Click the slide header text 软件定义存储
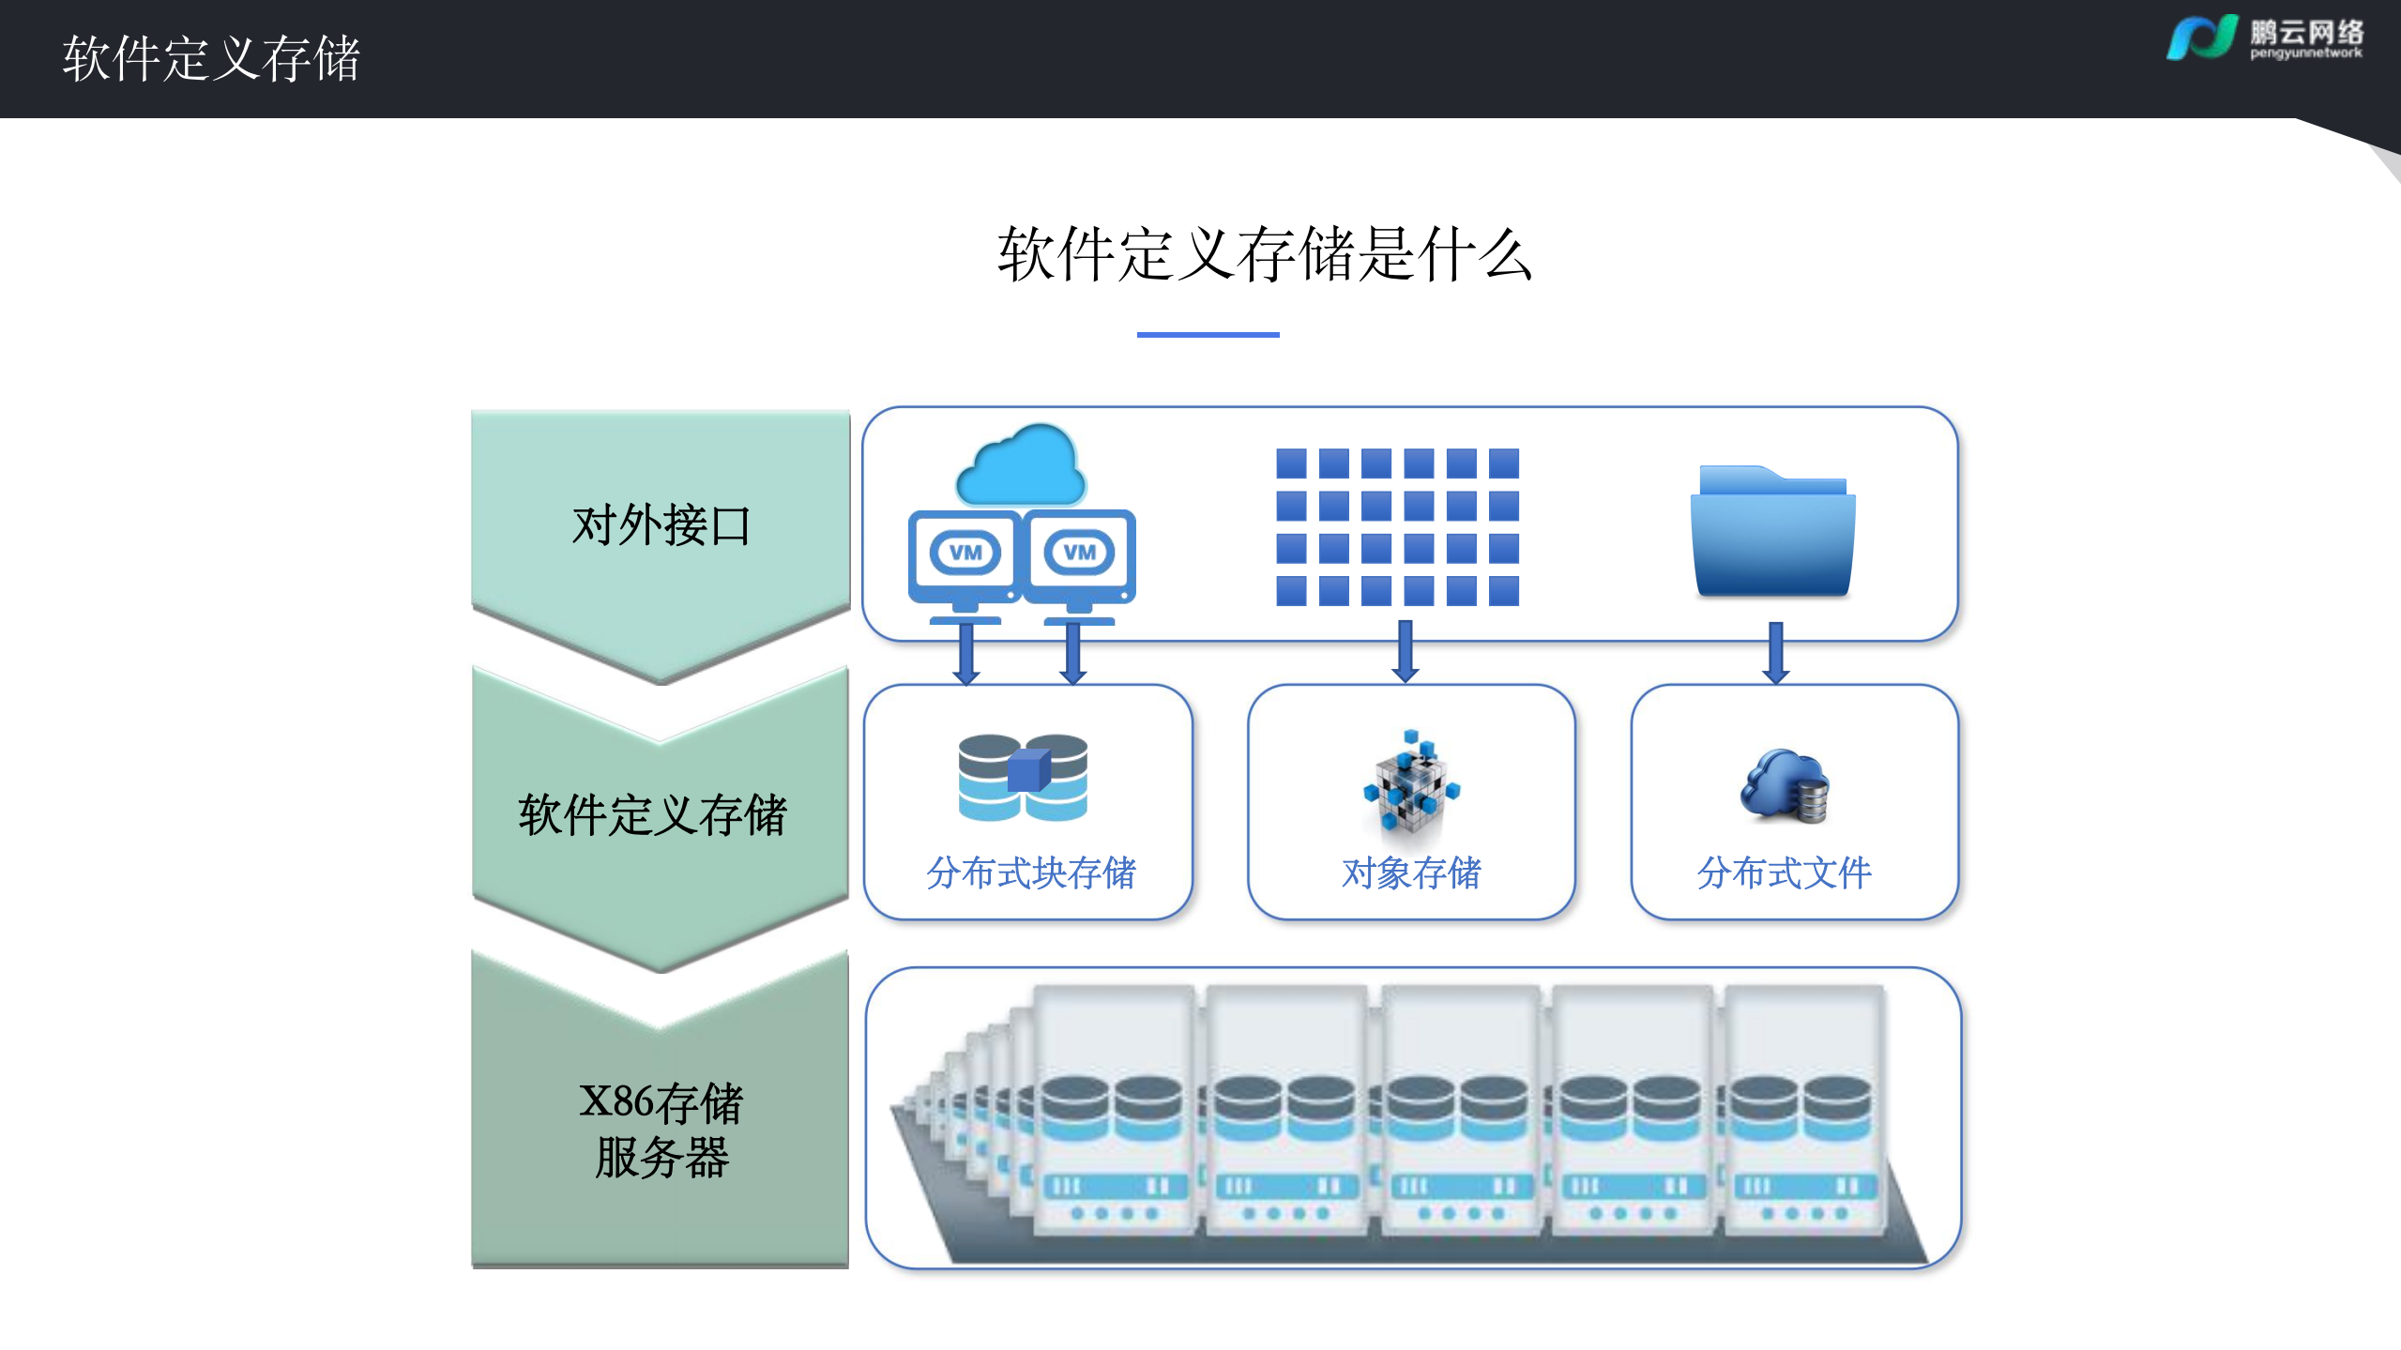click(x=211, y=58)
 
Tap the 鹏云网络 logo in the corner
click(x=2263, y=38)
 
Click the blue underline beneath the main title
click(x=1208, y=334)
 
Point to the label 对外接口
click(x=661, y=524)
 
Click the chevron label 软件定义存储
click(x=652, y=814)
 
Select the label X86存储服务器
click(x=661, y=1129)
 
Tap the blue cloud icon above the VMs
click(x=1020, y=466)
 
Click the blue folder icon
click(x=1772, y=531)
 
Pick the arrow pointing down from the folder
click(x=1775, y=653)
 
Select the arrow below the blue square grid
click(x=1405, y=651)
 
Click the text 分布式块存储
click(x=1030, y=873)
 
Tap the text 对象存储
click(x=1411, y=873)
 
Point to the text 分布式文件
click(x=1784, y=873)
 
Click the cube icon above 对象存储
click(x=1411, y=781)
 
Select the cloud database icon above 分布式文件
click(x=1785, y=786)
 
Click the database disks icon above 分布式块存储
click(x=1023, y=777)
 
